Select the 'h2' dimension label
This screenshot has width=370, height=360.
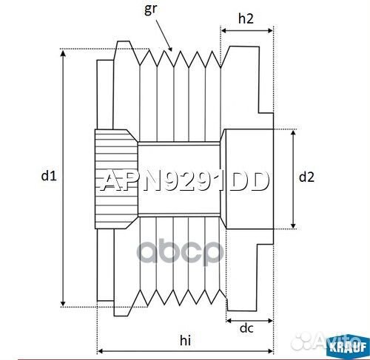[247, 21]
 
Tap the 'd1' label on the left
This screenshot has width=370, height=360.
[48, 175]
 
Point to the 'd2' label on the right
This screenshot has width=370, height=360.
[306, 177]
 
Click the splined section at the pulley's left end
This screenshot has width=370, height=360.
[115, 177]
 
